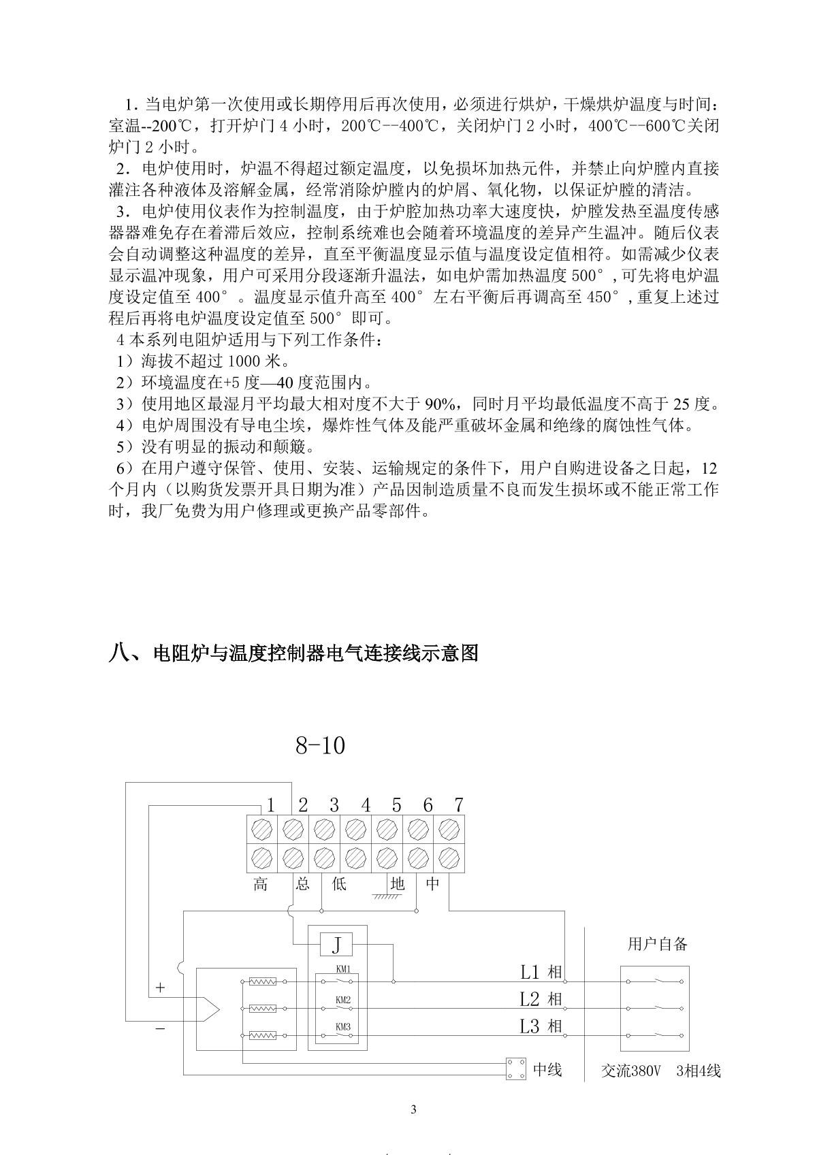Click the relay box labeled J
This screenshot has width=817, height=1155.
click(x=336, y=945)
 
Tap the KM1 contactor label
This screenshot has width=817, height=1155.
click(x=343, y=969)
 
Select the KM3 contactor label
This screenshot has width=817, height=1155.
click(x=343, y=1026)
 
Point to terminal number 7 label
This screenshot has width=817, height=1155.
click(x=458, y=805)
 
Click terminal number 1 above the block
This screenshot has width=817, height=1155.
click(x=270, y=805)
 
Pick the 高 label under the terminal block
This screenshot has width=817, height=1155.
click(x=261, y=884)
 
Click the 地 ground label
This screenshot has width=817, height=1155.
click(x=398, y=884)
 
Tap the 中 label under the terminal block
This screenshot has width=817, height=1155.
click(x=433, y=884)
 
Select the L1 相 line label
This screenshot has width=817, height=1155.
click(x=541, y=972)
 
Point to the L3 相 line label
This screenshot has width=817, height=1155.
click(x=541, y=1026)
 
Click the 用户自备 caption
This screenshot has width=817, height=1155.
click(x=657, y=944)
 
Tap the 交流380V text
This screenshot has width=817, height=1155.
click(x=631, y=1071)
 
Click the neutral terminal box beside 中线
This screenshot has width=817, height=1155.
click(x=516, y=1069)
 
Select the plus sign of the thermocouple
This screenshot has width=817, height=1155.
click(x=161, y=987)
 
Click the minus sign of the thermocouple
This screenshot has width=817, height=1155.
click(x=160, y=1028)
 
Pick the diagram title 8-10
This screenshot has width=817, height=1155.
click(x=320, y=746)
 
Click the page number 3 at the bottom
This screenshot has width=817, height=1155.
click(x=413, y=1110)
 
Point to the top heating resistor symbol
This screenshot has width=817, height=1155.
click(x=263, y=981)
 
